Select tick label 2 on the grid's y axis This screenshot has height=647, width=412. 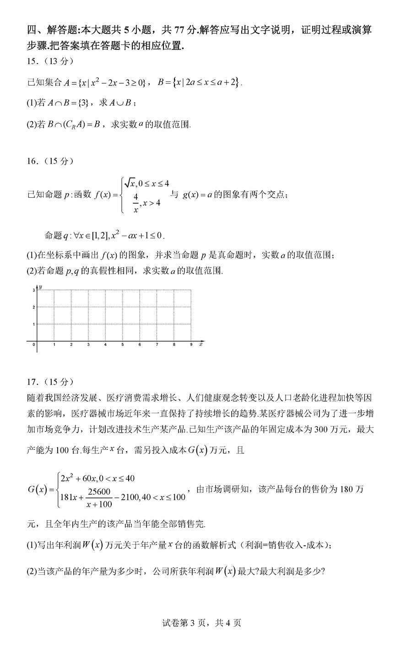pyautogui.click(x=33, y=307)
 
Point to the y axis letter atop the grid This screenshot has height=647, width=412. pyautogui.click(x=41, y=287)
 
